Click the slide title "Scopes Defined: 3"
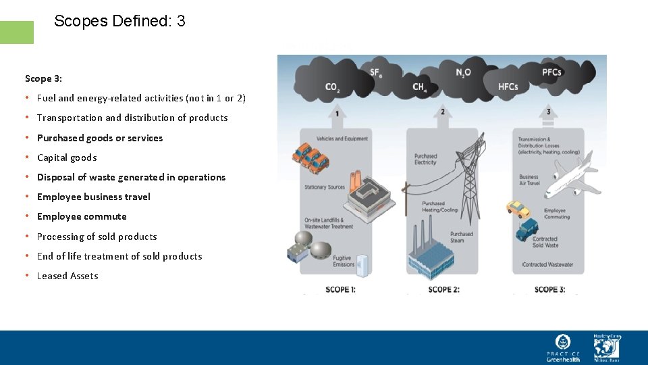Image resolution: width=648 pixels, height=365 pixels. click(x=119, y=22)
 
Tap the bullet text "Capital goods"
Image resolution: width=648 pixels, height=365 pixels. click(x=67, y=157)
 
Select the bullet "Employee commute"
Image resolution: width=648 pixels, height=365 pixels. click(x=82, y=216)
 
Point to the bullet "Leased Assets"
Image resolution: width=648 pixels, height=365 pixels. click(x=67, y=276)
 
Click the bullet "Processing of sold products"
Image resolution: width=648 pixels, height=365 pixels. click(x=97, y=237)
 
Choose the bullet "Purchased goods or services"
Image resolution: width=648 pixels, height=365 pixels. click(x=100, y=138)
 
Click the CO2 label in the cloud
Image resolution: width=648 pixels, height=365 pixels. click(x=332, y=87)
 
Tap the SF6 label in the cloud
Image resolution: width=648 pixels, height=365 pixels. click(x=377, y=73)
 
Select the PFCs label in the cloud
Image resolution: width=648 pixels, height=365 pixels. click(x=551, y=73)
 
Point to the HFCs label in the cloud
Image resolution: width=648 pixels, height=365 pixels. click(x=508, y=87)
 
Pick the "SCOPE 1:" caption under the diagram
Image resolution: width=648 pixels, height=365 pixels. click(x=340, y=289)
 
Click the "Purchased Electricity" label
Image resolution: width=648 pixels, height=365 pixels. click(x=425, y=159)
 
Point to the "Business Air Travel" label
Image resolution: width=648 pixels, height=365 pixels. click(x=529, y=180)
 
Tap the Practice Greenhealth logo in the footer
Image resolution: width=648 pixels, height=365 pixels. click(x=563, y=347)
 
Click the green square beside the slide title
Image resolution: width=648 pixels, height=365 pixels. click(x=16, y=32)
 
